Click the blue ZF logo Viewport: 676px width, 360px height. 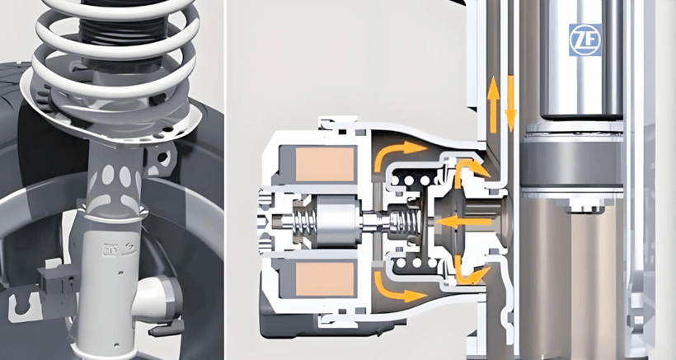tap(585, 40)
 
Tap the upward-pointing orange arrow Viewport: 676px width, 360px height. tap(494, 105)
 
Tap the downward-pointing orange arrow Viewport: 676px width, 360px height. tap(511, 104)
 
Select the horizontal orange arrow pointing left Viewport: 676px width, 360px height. tap(463, 222)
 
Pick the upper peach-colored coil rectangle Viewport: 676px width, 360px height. tap(325, 164)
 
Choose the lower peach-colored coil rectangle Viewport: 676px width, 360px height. tap(325, 279)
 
